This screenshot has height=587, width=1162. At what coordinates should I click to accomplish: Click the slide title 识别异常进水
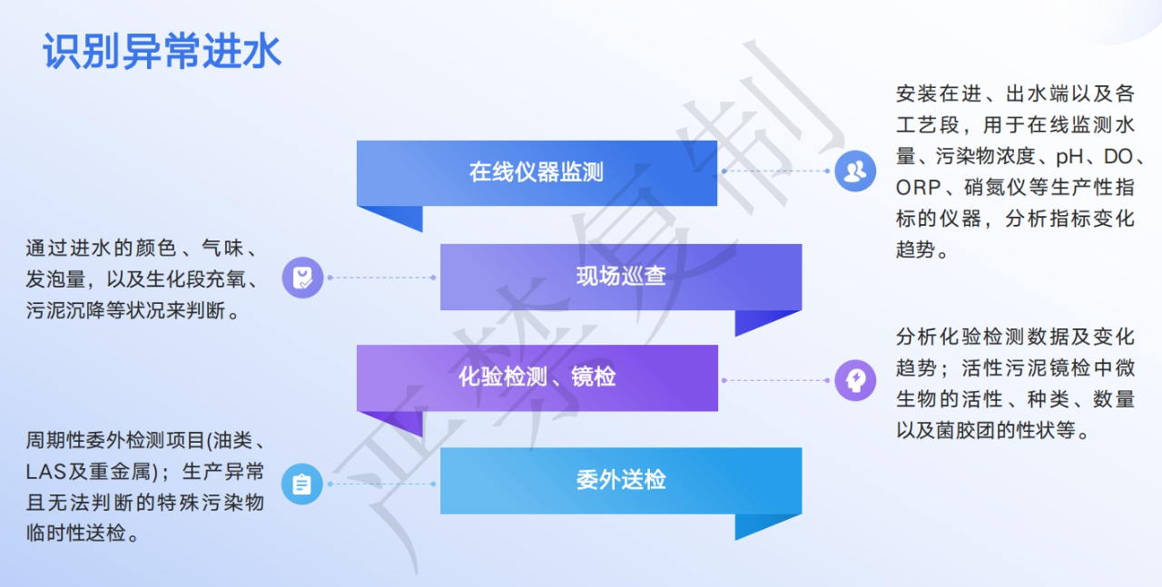point(162,52)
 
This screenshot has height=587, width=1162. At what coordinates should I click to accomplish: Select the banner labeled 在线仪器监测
point(537,172)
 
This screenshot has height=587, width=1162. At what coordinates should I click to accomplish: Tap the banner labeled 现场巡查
point(621,277)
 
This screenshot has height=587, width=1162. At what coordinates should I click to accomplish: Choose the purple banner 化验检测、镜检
point(537,377)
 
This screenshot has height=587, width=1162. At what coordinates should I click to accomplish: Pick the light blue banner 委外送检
point(621,480)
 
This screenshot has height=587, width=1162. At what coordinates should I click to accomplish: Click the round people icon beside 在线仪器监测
point(855,171)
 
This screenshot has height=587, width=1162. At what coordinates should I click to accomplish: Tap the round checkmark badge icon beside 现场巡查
point(302,278)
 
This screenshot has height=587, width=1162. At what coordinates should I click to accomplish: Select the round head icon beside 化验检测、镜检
point(855,380)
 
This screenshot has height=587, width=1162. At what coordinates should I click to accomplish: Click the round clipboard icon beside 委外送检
point(302,484)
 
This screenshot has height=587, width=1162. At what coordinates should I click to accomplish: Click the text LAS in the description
point(45,473)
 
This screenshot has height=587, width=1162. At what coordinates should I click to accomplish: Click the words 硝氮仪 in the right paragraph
point(995,188)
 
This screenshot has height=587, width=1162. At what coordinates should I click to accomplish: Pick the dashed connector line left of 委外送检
point(382,484)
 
